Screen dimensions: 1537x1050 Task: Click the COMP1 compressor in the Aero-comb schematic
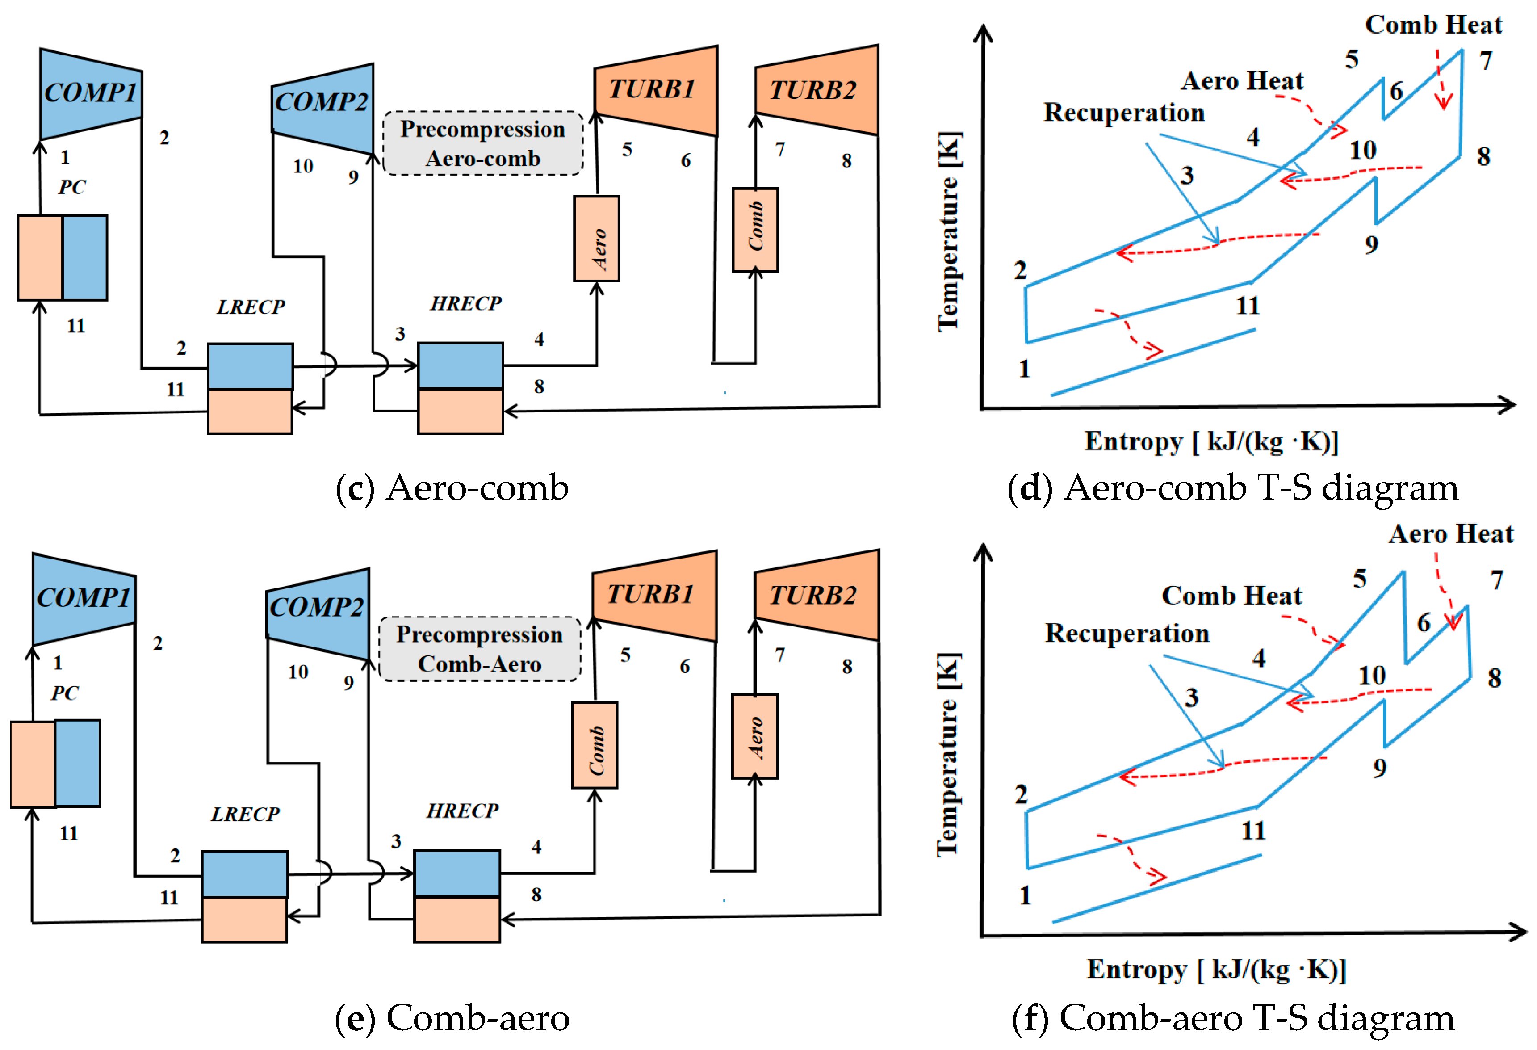click(91, 94)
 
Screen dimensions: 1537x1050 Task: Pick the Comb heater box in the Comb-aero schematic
click(595, 745)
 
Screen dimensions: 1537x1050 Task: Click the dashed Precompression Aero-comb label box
click(483, 143)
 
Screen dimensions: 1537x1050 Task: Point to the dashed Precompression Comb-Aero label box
click(479, 649)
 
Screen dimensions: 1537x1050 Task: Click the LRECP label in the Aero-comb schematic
click(251, 307)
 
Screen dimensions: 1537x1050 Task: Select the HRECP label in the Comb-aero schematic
click(462, 811)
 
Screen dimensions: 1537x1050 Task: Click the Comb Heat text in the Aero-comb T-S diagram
click(1434, 25)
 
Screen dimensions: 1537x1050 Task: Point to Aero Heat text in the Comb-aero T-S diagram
click(1451, 533)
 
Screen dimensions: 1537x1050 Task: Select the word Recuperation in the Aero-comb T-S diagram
click(1124, 113)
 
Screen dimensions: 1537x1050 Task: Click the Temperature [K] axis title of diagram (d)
click(949, 231)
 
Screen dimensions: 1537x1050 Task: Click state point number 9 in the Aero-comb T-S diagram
click(1372, 245)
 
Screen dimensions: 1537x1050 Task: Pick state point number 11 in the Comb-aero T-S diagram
click(1253, 830)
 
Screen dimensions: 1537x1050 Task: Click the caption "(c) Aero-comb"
click(452, 488)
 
